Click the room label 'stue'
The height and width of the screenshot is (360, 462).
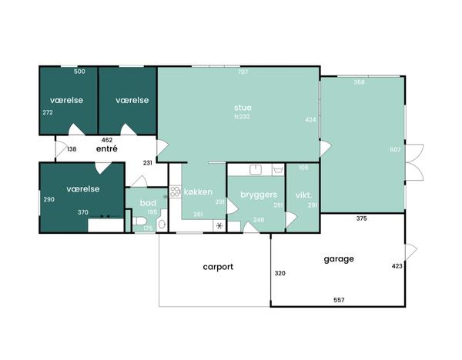tap(243, 108)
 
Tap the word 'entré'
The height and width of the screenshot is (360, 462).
tap(107, 148)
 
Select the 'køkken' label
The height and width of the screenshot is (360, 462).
tap(198, 192)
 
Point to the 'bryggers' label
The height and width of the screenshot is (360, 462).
tap(259, 195)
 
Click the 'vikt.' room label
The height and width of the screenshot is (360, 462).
tap(303, 195)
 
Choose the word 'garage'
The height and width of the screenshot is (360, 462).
tap(339, 259)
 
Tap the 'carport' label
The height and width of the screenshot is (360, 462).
tap(218, 267)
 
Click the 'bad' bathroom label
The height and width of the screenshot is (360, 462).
tap(148, 203)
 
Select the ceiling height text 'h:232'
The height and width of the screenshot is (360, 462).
tap(243, 117)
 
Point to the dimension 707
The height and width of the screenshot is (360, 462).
tap(243, 72)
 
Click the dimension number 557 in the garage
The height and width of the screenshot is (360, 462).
tap(339, 300)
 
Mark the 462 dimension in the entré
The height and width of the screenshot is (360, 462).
tap(107, 140)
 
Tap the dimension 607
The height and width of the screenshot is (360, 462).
tap(395, 150)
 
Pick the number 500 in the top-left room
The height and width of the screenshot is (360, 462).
tap(79, 72)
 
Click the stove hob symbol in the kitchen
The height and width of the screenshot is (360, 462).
tap(175, 192)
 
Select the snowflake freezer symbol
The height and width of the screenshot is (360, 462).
tap(219, 226)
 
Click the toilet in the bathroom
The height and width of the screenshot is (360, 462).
tap(139, 221)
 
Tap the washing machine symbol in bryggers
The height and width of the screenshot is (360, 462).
tap(278, 170)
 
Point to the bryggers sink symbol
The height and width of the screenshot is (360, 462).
tap(256, 169)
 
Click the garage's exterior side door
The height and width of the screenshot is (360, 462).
tap(411, 252)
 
